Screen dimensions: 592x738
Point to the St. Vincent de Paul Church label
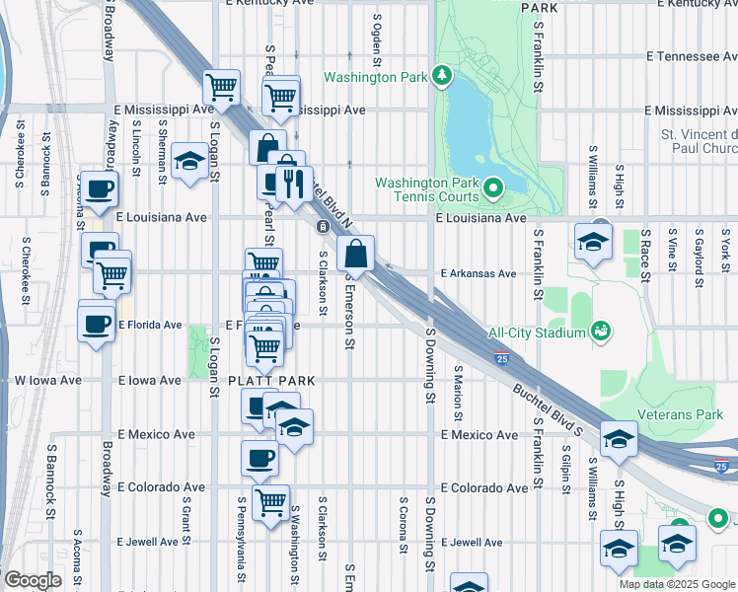click(x=700, y=141)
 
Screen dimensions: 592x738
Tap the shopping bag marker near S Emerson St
click(x=355, y=255)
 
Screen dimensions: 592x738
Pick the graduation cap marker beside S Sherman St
click(x=189, y=162)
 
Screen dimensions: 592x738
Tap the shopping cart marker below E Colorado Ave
click(x=269, y=501)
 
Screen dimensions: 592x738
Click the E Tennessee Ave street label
click(x=691, y=57)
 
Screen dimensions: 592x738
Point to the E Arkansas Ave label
click(x=479, y=273)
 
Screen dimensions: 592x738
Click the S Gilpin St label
click(x=567, y=471)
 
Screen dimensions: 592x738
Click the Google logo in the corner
click(x=33, y=580)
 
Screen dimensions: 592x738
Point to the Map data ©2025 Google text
click(x=677, y=584)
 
